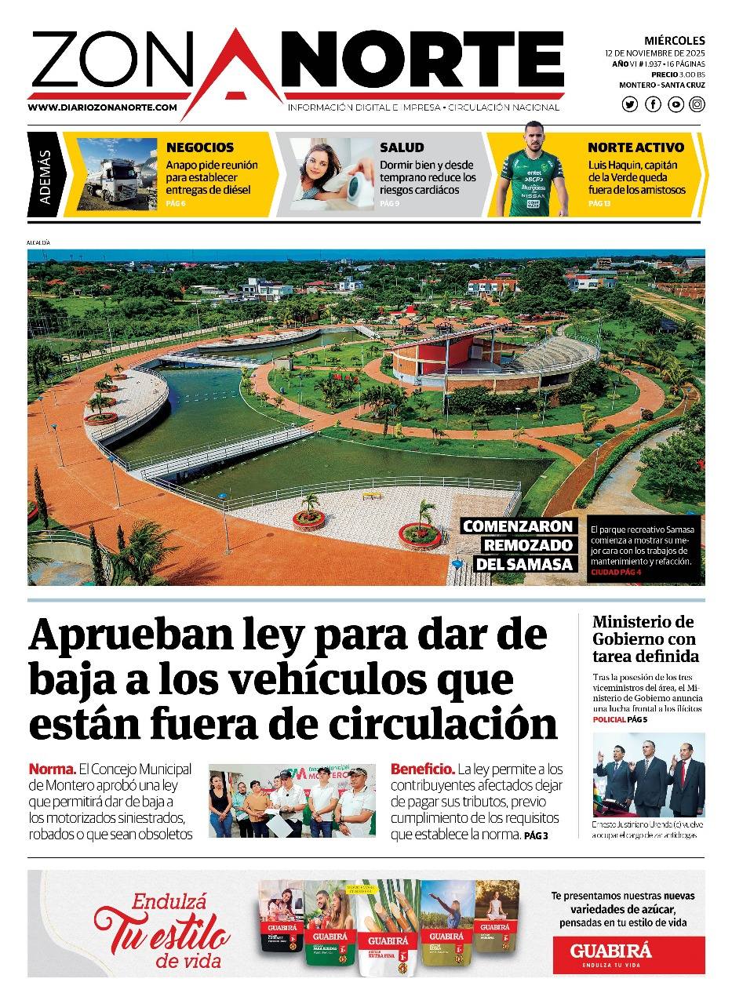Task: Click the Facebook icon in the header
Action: coord(653,104)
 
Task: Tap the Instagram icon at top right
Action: coord(697,104)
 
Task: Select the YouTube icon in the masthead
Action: coord(675,104)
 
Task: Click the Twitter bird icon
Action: coord(630,104)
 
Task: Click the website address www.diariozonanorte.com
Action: coord(102,107)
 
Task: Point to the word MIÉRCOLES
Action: coord(675,41)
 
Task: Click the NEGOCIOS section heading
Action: coord(200,147)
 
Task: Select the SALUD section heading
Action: coord(402,147)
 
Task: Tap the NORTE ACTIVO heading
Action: coord(635,147)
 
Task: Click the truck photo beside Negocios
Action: coord(118,174)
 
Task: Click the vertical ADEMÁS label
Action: coord(45,175)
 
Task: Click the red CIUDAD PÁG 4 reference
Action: coord(616,573)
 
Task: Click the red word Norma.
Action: coord(52,769)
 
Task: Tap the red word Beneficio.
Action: coord(422,769)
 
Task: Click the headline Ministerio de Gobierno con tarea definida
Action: coord(646,639)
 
